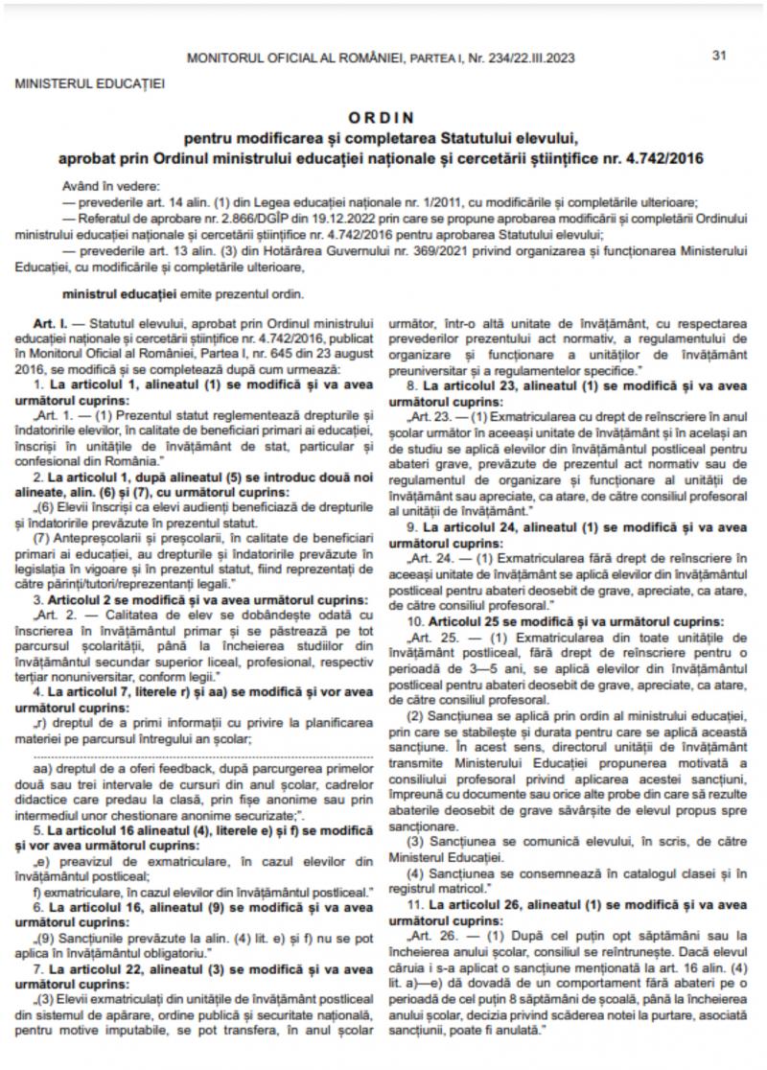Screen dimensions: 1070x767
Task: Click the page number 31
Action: (719, 55)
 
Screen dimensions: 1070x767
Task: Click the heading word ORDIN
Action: (382, 119)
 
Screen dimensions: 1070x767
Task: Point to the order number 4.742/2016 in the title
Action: (661, 156)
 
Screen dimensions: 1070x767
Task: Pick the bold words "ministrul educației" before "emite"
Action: (119, 291)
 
